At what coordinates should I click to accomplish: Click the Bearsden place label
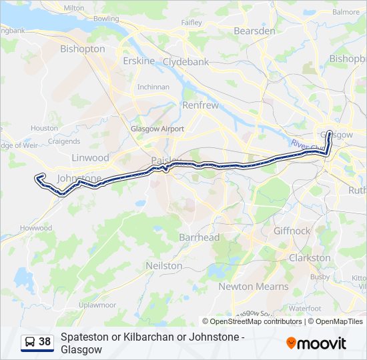click(255, 31)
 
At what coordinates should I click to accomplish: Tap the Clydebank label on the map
click(186, 61)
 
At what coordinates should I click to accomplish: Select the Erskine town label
click(139, 61)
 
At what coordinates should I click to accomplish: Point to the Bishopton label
click(83, 49)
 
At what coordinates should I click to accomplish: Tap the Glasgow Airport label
click(157, 129)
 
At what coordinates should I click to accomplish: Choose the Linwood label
click(90, 158)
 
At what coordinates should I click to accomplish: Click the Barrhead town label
click(199, 237)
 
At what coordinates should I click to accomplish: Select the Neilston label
click(164, 265)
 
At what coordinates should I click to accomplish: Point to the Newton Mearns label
click(254, 287)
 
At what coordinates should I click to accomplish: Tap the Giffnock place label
click(292, 231)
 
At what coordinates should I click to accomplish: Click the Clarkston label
click(309, 257)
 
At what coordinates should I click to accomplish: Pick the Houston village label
click(44, 128)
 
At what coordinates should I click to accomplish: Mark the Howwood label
click(36, 228)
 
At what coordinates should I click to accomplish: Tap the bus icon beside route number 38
click(29, 342)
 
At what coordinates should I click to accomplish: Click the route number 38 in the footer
click(45, 342)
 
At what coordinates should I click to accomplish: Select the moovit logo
click(316, 343)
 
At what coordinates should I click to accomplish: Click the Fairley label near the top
click(192, 22)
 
